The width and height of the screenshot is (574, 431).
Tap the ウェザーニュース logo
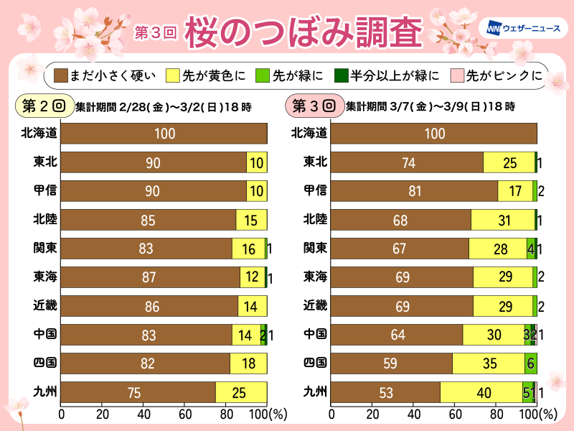click(524, 29)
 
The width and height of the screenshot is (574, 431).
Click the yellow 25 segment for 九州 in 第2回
click(241, 393)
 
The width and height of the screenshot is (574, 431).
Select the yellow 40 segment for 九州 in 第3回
click(481, 393)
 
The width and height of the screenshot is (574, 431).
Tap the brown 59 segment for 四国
click(391, 363)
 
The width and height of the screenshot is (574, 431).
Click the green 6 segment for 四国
click(530, 363)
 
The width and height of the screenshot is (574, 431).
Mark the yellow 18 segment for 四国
click(248, 363)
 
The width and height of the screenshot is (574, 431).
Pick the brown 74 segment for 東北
click(407, 162)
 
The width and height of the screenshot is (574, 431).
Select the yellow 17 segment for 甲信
click(515, 191)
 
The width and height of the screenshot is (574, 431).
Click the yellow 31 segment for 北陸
click(503, 220)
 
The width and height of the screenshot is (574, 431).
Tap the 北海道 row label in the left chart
click(40, 133)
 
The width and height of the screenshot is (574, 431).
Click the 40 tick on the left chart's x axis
click(143, 414)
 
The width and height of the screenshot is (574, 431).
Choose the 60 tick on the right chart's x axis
click(454, 414)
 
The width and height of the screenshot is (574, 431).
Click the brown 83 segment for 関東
click(146, 249)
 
